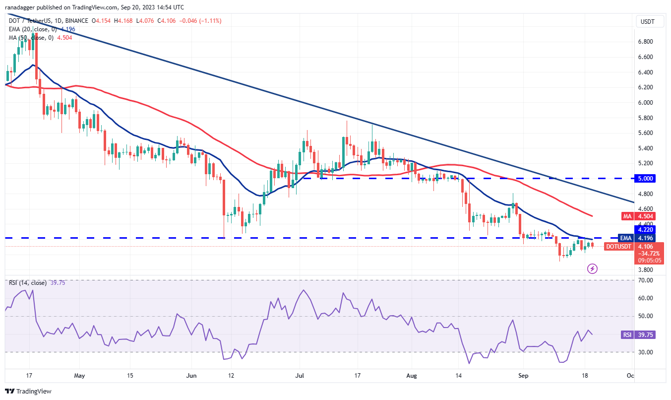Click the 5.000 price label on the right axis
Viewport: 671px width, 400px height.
coord(645,178)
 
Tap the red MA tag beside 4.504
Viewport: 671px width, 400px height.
coord(627,216)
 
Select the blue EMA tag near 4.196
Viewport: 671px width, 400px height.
coord(626,238)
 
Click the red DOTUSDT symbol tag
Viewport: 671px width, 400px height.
coord(618,246)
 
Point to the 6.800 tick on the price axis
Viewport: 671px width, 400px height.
coord(645,42)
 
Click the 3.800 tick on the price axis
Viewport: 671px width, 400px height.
coord(645,270)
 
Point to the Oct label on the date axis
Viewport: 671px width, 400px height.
coord(630,376)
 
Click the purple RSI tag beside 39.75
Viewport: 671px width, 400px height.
coord(627,334)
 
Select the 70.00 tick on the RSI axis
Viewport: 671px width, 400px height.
coord(645,280)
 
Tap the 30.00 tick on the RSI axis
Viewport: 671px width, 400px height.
coord(645,352)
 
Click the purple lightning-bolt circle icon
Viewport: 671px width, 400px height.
coord(592,269)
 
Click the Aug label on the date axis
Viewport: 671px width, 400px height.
coord(412,376)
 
